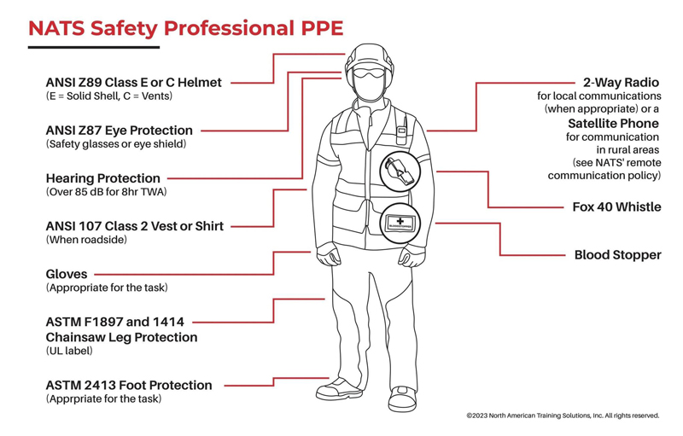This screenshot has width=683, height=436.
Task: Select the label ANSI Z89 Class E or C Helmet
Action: click(133, 83)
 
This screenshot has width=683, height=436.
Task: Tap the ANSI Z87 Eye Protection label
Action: click(119, 131)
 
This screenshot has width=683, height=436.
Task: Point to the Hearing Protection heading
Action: click(102, 178)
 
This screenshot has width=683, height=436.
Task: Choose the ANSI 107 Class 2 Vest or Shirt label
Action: click(135, 226)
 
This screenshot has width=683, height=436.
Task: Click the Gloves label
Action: click(67, 275)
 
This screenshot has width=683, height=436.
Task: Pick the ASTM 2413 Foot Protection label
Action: click(127, 385)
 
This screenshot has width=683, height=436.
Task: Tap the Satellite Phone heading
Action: click(614, 123)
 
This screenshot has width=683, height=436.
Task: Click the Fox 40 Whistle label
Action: click(616, 207)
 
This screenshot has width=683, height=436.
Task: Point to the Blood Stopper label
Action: click(617, 255)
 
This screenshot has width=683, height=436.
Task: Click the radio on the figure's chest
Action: click(398, 135)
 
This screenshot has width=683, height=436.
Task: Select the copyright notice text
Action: click(563, 416)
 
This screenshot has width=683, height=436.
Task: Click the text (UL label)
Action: click(68, 351)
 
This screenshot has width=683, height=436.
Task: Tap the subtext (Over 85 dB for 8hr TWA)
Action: click(105, 193)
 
